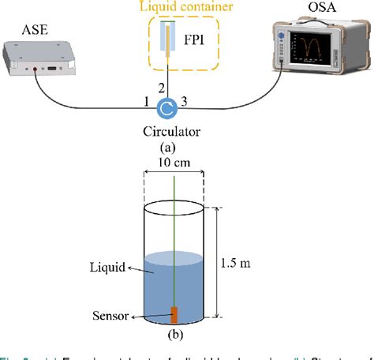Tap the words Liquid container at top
pyautogui.click(x=186, y=8)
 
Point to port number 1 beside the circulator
pyautogui.click(x=147, y=100)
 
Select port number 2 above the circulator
pyautogui.click(x=163, y=86)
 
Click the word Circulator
pyautogui.click(x=169, y=130)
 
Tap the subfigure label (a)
pyautogui.click(x=168, y=146)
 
